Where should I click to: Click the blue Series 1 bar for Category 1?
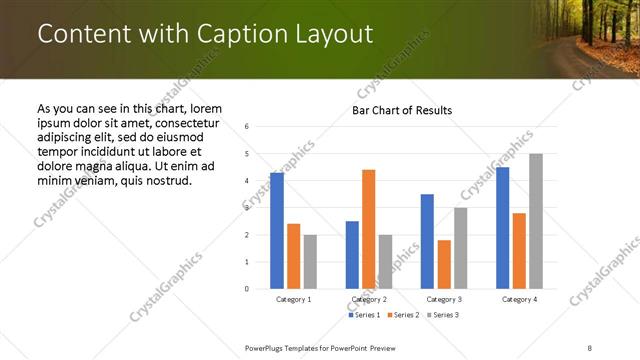coord(277,231)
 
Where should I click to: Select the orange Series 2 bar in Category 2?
coord(368,229)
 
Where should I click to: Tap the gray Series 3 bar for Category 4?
coord(536,221)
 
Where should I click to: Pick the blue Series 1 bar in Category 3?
coord(427,241)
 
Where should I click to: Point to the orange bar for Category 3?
coord(444,264)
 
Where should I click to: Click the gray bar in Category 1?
coord(310,262)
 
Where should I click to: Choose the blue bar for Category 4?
coord(502,228)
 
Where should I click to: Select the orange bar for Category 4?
coord(519,251)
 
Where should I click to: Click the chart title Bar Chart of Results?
coord(402,110)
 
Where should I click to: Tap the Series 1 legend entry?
coord(365,315)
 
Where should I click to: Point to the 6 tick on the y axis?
coord(247,127)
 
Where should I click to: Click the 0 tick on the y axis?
coord(247,289)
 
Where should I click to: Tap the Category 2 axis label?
coord(369,299)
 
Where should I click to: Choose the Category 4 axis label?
coord(519,299)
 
